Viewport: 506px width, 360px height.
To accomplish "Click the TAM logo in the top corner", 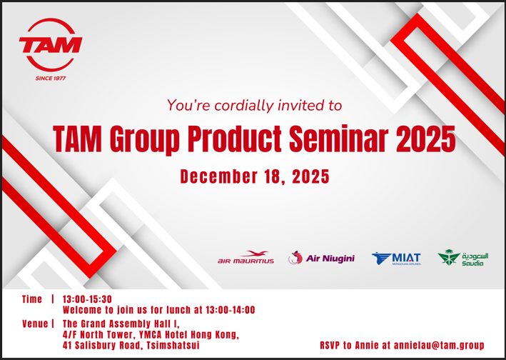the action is pyautogui.click(x=51, y=44).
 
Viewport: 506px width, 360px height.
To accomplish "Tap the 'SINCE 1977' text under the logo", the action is pyautogui.click(x=51, y=78).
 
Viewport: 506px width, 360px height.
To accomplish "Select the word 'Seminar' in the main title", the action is pyautogui.click(x=338, y=139).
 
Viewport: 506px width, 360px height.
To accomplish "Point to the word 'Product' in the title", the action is pyautogui.click(x=235, y=139).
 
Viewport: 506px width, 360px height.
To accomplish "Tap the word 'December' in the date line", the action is pyautogui.click(x=219, y=176).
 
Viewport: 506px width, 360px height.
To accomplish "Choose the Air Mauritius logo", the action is pyautogui.click(x=246, y=257).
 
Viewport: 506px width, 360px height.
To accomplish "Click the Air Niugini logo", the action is pyautogui.click(x=321, y=258).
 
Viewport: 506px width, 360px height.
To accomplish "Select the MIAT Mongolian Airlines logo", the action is pyautogui.click(x=396, y=259).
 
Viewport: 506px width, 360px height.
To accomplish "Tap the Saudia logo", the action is pyautogui.click(x=462, y=258).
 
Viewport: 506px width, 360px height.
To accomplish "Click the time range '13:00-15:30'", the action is pyautogui.click(x=87, y=299).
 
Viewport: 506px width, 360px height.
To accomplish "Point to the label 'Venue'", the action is pyautogui.click(x=35, y=324).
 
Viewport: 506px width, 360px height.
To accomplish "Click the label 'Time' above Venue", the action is pyautogui.click(x=32, y=299).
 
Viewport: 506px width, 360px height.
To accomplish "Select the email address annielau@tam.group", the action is pyautogui.click(x=439, y=345).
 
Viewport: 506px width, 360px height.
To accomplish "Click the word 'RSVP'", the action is pyautogui.click(x=330, y=345).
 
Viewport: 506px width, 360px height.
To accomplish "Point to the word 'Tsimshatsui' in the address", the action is pyautogui.click(x=173, y=345).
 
